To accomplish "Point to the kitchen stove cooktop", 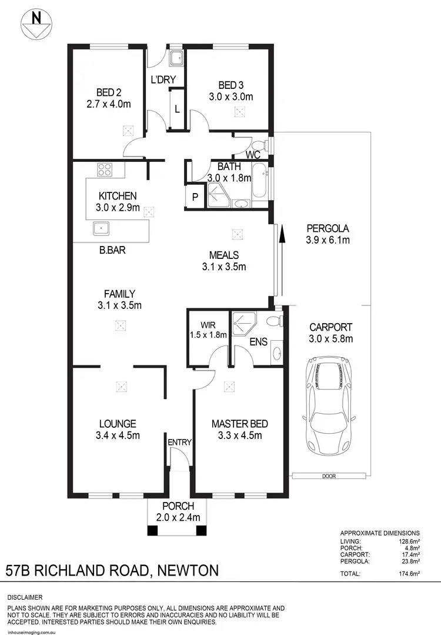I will [105, 170].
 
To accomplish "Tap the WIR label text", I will [208, 324].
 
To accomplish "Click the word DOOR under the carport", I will [329, 476].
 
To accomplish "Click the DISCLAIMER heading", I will [24, 596].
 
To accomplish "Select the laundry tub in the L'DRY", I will [175, 58].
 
